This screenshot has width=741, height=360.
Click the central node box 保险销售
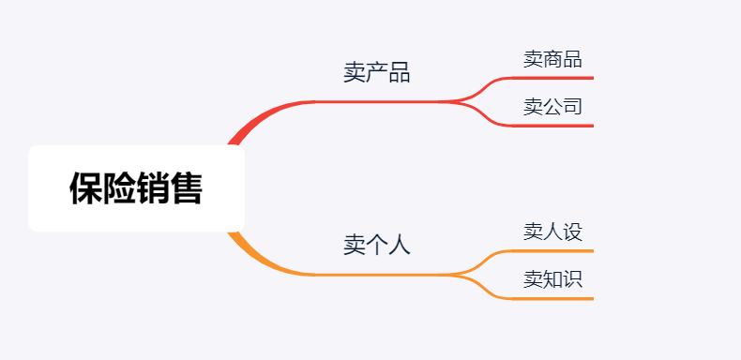coord(136,188)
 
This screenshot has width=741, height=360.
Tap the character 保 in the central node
coord(85,188)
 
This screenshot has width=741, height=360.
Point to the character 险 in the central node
coord(119,188)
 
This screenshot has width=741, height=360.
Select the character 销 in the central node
coord(153,188)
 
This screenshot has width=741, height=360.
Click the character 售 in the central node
coord(187,188)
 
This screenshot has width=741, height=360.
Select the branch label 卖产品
coord(376,73)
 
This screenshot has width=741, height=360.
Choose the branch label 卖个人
coord(376,246)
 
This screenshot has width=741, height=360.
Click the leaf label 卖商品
coord(552,60)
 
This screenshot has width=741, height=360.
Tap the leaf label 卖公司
coord(552,107)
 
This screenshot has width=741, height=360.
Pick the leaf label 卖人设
coord(552,232)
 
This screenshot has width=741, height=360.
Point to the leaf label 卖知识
coord(552,279)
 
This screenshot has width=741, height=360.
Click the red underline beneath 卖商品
coord(553,78)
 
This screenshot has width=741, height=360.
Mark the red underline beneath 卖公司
coord(553,125)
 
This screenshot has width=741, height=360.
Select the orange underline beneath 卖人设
coord(553,251)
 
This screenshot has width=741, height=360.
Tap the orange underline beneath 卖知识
coord(553,298)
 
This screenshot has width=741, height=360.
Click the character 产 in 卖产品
coord(376,73)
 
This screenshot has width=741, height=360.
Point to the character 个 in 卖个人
coord(376,246)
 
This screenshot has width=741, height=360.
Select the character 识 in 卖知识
coord(572,279)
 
